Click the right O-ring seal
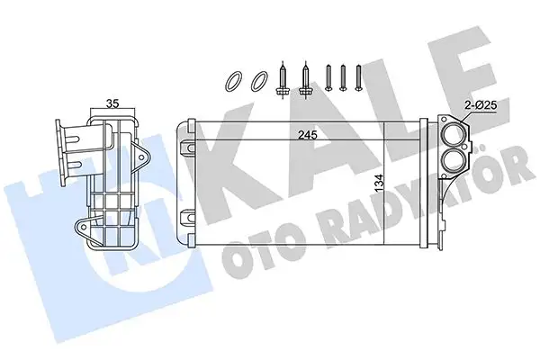point(258,82)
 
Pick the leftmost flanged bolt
point(284,80)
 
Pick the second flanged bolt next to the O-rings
point(306,80)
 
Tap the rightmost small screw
point(360,77)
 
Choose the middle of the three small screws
point(344,77)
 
